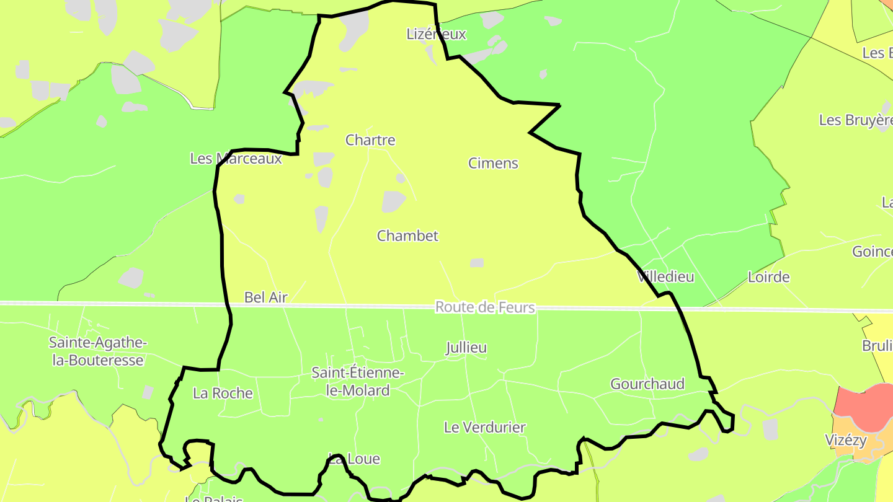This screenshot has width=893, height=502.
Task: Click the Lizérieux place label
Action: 436,34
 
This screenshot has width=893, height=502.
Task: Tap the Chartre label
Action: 370,140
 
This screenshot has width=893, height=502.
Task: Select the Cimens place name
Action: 493,163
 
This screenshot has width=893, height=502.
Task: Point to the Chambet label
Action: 407,236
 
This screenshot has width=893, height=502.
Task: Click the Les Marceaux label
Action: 236,159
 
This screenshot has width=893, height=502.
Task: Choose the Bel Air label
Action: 266,297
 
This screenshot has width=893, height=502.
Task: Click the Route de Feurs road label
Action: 484,307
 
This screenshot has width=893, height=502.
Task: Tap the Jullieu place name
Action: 466,348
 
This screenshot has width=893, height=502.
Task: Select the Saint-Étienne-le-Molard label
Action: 358,381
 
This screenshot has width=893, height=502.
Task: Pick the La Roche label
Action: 223,393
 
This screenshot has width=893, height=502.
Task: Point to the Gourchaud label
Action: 647,384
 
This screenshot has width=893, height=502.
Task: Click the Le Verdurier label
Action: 484,427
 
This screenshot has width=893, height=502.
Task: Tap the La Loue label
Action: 354,459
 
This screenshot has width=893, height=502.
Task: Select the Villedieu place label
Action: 665,276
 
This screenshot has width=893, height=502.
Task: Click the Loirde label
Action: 768,276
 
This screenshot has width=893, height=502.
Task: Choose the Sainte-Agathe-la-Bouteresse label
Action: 97,351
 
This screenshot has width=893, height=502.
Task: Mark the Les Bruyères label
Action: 856,120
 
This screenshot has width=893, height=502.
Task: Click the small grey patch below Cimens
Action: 476,263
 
